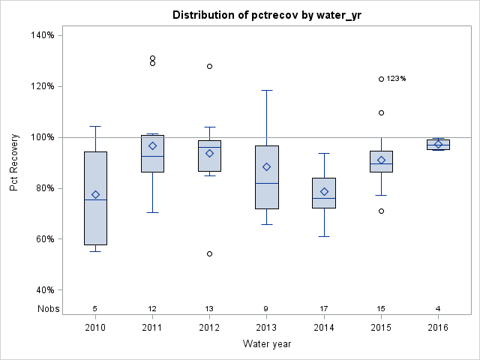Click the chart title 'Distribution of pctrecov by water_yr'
pos(268,15)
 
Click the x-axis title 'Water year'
pos(268,343)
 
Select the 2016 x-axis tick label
pos(438,327)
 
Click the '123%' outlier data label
pos(396,79)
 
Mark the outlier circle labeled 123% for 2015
pos(381,79)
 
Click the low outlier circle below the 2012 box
pos(209,253)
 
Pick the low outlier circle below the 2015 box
pos(381,211)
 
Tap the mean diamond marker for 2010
pos(95,194)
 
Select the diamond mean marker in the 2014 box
pos(324,191)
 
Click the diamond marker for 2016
pos(438,144)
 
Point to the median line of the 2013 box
pos(266,183)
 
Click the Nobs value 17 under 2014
pos(324,308)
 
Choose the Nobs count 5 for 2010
pos(95,308)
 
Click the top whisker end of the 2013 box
pos(266,90)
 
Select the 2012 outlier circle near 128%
pos(209,66)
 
